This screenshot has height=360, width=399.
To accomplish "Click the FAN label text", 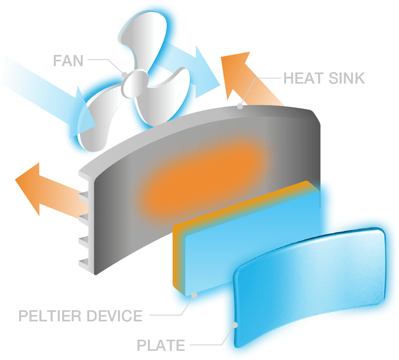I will point(68,61).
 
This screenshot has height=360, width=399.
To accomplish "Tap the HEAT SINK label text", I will point(324,78).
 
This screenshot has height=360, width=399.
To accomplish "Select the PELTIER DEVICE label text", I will point(81,316).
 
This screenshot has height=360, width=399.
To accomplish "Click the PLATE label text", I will point(161,345).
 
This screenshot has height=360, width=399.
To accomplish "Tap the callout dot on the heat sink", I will point(240,106).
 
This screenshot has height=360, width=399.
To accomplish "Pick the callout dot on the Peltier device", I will point(194,295).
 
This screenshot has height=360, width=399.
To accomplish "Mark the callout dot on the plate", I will point(235,325).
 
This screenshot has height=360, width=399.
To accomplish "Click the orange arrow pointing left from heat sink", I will point(44,187).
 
